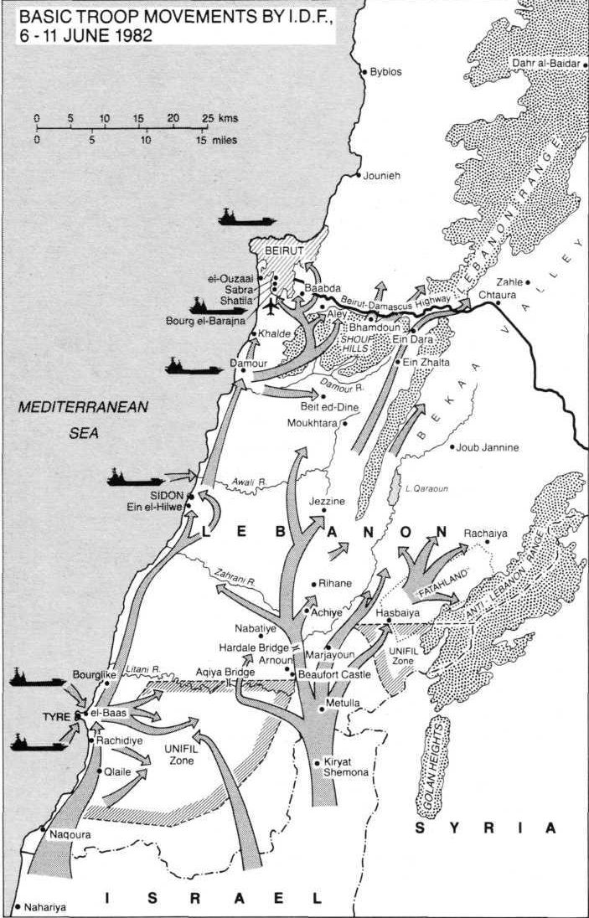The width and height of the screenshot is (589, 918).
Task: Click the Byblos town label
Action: pos(385,73)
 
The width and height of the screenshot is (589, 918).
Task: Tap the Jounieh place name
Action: pos(382,177)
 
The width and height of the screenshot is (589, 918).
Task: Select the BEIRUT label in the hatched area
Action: pos(282,250)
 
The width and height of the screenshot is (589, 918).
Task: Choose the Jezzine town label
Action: pos(328,502)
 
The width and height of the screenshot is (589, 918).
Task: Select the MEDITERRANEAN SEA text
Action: pos(83,420)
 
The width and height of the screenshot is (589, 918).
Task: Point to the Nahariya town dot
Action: pos(17,906)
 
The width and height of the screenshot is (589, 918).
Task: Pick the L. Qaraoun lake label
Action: pos(421,488)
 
